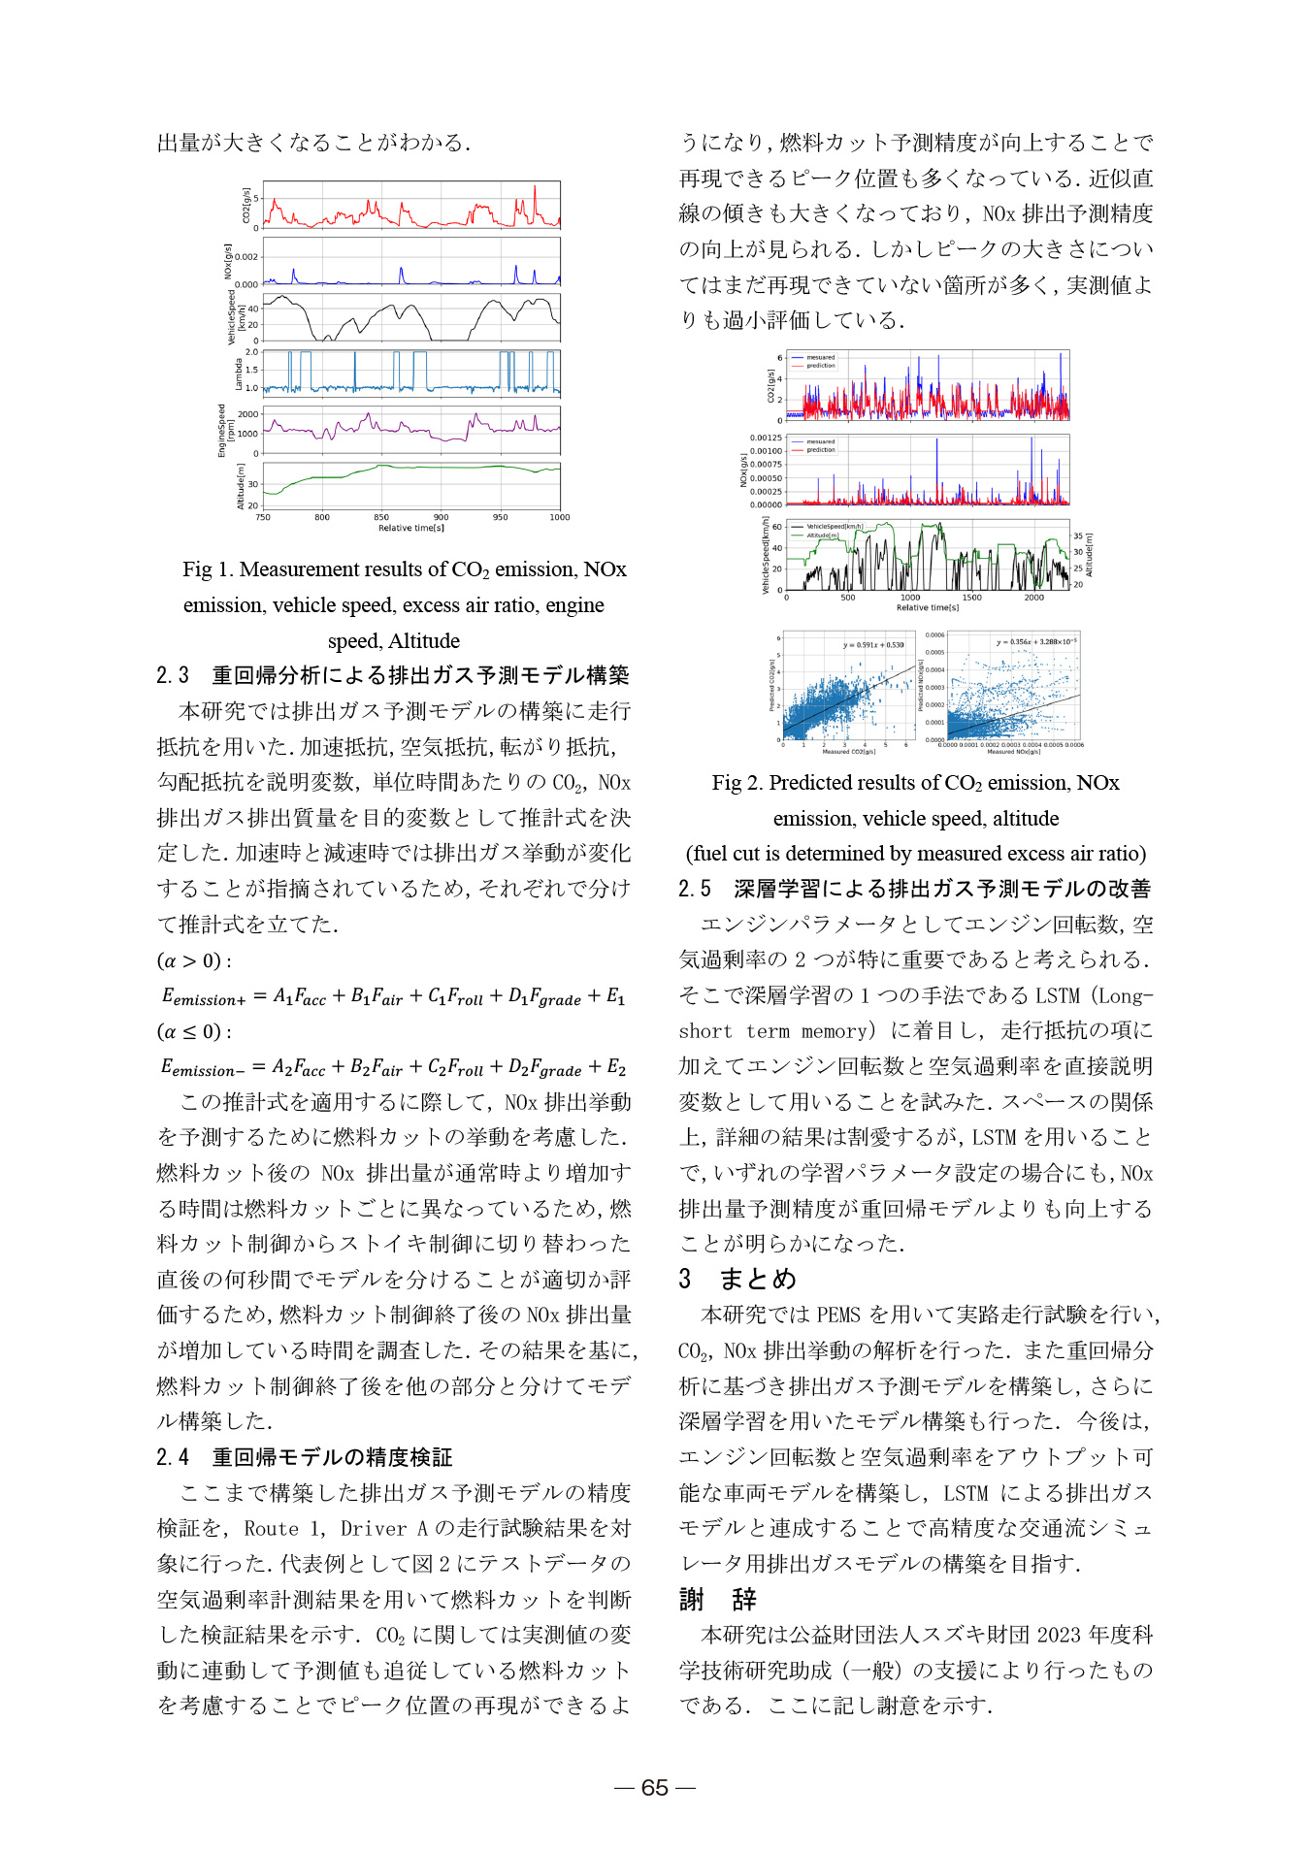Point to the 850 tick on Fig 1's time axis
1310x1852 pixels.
pyautogui.click(x=381, y=518)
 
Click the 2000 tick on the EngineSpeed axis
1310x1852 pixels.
pyautogui.click(x=247, y=414)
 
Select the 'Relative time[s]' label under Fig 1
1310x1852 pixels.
pyautogui.click(x=411, y=529)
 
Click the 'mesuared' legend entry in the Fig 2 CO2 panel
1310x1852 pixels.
pyautogui.click(x=820, y=358)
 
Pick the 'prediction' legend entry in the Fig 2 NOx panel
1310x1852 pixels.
pyautogui.click(x=820, y=450)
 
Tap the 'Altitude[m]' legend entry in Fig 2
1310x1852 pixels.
pyautogui.click(x=822, y=536)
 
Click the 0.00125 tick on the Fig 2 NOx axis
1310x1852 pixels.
pyautogui.click(x=766, y=439)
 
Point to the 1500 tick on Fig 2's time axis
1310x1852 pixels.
pyautogui.click(x=971, y=598)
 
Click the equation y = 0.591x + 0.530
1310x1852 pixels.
pyautogui.click(x=873, y=644)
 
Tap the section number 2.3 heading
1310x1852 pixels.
pyautogui.click(x=173, y=675)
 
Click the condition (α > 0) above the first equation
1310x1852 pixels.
pyautogui.click(x=193, y=961)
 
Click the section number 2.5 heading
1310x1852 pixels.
pyautogui.click(x=695, y=889)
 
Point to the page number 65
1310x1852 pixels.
pyautogui.click(x=655, y=1787)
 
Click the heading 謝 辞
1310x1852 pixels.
pyautogui.click(x=718, y=1599)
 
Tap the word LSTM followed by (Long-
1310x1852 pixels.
pyautogui.click(x=1057, y=996)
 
